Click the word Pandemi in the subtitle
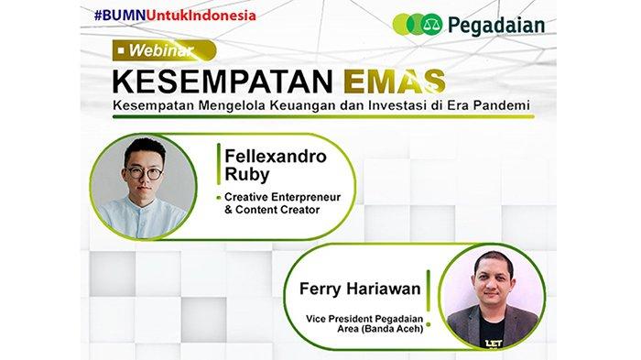click(x=500, y=108)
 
